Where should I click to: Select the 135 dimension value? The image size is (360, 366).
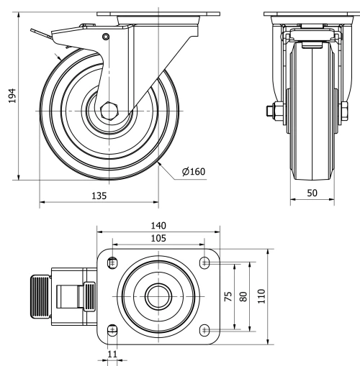pos(99,195)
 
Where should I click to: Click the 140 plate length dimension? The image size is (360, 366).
pos(158,225)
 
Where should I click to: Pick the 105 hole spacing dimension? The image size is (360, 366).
pos(158,238)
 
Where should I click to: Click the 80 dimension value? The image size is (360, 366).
pos(245,296)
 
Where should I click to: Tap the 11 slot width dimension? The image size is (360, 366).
pos(111,354)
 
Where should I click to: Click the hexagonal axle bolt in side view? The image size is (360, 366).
pos(109,111)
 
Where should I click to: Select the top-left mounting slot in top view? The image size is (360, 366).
pos(112,263)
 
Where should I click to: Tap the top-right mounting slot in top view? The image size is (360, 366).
pos(205,263)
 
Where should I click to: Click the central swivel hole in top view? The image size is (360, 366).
pos(158,296)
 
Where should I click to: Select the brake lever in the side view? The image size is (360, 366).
pos(47,32)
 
